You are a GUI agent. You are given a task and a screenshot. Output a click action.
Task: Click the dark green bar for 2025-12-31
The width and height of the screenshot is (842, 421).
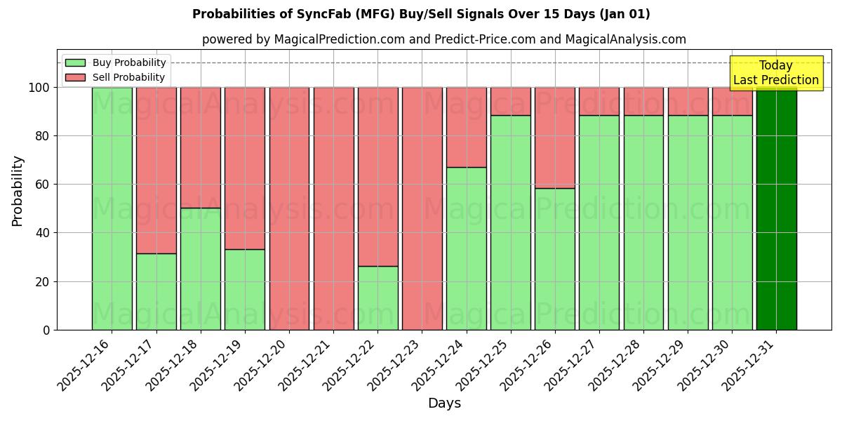point(776,208)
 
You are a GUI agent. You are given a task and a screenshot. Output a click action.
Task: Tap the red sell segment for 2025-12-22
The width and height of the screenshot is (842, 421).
point(377,177)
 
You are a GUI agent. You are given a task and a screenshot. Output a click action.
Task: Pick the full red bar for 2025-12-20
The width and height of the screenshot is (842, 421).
point(289,208)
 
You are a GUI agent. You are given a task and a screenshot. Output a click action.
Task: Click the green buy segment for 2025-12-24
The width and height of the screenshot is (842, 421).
point(466,248)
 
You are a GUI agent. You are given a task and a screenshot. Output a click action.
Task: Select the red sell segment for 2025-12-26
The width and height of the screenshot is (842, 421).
point(554,138)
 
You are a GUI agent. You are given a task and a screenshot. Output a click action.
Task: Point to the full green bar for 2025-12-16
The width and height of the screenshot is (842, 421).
point(112,208)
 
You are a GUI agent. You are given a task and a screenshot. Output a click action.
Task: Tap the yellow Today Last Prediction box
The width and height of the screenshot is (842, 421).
point(775,73)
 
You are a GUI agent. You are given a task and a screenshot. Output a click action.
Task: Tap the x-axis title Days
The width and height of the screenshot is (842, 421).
point(444,403)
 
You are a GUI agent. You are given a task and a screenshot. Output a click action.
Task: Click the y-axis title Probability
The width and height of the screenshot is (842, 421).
point(18,190)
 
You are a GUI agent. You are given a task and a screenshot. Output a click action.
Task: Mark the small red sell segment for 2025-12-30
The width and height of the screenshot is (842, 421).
point(732,101)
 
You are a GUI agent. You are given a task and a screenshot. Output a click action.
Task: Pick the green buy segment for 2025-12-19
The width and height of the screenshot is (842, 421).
point(245,289)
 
